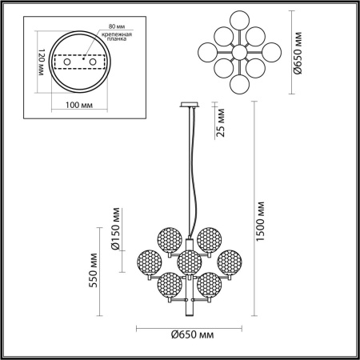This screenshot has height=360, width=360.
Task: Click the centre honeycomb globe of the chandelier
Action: point(189,261)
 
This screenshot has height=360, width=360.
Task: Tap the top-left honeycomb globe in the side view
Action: point(167,238)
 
